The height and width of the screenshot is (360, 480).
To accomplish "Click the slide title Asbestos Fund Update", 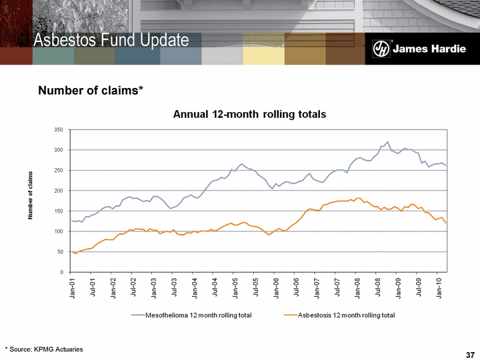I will [112, 41].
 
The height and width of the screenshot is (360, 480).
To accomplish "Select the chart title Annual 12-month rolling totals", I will [249, 114].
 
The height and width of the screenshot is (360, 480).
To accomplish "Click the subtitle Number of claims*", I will [91, 90].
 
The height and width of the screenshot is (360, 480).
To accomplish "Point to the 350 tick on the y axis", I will [60, 129].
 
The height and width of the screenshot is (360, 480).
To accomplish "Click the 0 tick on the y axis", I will [63, 272].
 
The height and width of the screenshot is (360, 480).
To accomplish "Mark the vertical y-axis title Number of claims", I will [30, 195].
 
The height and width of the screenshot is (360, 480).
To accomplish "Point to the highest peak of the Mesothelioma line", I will [387, 142].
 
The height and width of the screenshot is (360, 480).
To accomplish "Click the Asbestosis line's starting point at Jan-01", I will [71, 251].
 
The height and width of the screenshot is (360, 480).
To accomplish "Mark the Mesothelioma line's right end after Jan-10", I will [446, 165].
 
